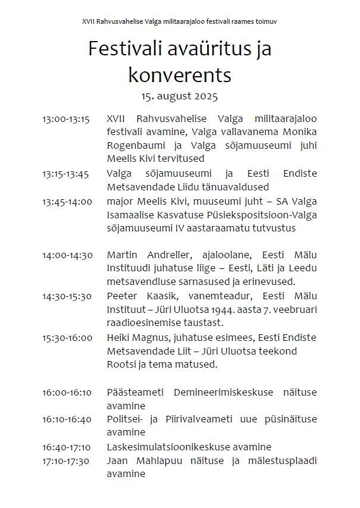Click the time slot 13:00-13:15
65,120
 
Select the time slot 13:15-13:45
65,174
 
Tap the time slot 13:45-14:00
67,201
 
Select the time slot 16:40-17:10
67,447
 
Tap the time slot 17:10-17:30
66,460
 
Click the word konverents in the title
180,75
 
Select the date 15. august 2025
180,95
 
